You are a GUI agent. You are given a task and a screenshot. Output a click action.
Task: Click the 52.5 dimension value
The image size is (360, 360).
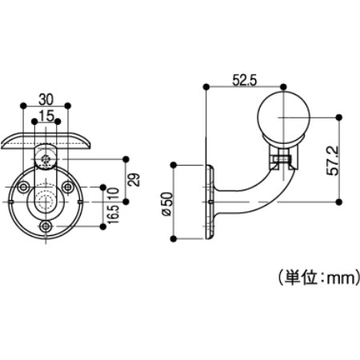pyautogui.click(x=245, y=80)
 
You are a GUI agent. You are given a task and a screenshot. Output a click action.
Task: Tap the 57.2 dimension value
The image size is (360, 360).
pyautogui.click(x=333, y=160)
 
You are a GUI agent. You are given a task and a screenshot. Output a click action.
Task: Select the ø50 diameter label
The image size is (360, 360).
pyautogui.click(x=167, y=204)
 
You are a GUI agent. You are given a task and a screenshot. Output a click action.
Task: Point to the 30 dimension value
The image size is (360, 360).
pyautogui.click(x=46, y=99)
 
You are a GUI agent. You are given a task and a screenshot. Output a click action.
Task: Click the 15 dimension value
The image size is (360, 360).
pyautogui.click(x=46, y=116)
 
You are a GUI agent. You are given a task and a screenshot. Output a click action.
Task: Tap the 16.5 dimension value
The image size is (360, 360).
pyautogui.click(x=114, y=214)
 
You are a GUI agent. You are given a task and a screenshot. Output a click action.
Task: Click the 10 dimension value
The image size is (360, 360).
pyautogui.click(x=114, y=194)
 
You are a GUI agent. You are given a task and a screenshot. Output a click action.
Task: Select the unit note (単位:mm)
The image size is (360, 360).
pyautogui.click(x=319, y=278)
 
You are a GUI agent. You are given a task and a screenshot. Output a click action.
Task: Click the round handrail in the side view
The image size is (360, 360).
pyautogui.click(x=283, y=118)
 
